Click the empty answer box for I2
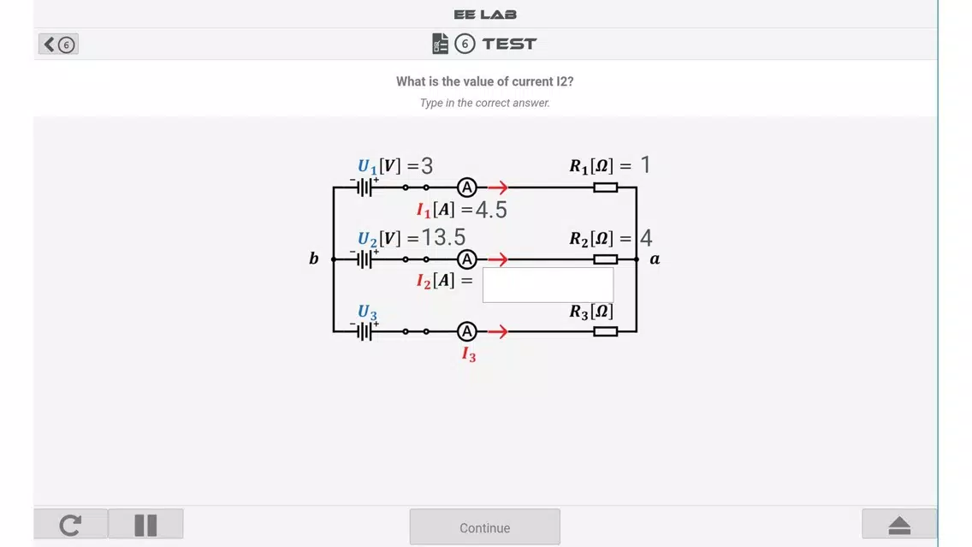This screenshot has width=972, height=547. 548,285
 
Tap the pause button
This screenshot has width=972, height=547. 145,525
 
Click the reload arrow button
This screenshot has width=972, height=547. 71,525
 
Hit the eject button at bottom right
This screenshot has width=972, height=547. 899,525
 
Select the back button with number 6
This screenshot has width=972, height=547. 58,44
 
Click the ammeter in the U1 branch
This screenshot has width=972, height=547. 467,187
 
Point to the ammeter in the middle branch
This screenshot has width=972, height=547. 467,259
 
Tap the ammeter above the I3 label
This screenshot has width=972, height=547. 467,331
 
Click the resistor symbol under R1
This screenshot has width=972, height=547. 605,187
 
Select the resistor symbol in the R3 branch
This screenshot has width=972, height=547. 605,331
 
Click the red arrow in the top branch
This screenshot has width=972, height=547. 498,187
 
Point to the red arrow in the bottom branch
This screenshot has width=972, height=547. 498,331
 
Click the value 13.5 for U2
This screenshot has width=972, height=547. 443,237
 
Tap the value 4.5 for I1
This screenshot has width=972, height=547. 492,210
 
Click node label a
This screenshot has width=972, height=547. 655,259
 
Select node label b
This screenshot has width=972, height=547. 314,258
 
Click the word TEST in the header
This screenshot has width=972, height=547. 510,44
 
